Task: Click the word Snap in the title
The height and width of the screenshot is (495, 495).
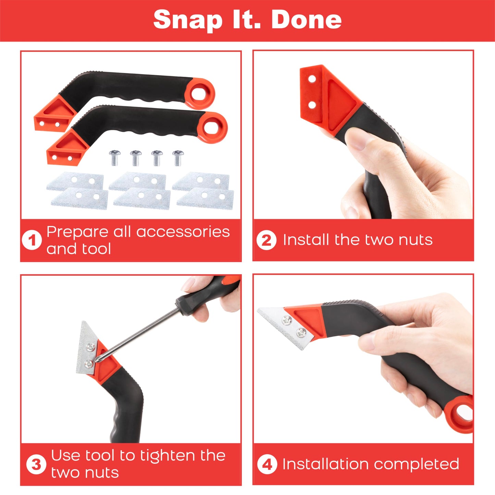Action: point(188,20)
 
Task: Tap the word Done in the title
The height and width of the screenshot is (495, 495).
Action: point(306,20)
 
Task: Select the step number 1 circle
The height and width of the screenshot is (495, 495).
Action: point(32,240)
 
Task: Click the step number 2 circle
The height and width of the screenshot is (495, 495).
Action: point(266,240)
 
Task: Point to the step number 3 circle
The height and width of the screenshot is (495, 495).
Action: point(36,465)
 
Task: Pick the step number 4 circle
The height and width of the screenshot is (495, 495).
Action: point(267,465)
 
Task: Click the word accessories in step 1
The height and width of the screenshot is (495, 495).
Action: point(183,232)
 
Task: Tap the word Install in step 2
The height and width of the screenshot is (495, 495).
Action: point(306,240)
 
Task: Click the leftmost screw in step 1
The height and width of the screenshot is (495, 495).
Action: point(114,158)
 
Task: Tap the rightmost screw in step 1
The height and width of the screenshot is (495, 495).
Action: point(178,157)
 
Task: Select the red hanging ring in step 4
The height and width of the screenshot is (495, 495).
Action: point(462,414)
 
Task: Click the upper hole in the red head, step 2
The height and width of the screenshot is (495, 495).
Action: point(312,79)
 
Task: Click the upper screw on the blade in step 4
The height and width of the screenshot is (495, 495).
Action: point(287,320)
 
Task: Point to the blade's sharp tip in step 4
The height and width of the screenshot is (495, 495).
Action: point(259,310)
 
